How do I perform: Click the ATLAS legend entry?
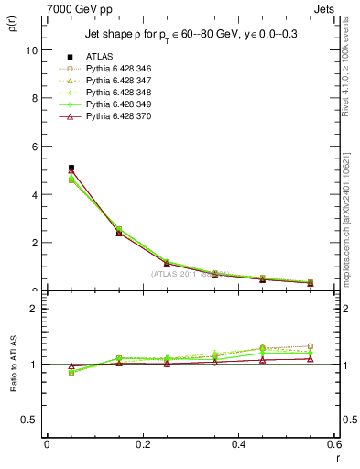click(98, 58)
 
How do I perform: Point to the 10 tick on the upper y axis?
click(32, 50)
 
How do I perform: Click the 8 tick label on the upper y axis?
click(34, 98)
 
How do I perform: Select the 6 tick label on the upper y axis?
click(34, 147)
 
